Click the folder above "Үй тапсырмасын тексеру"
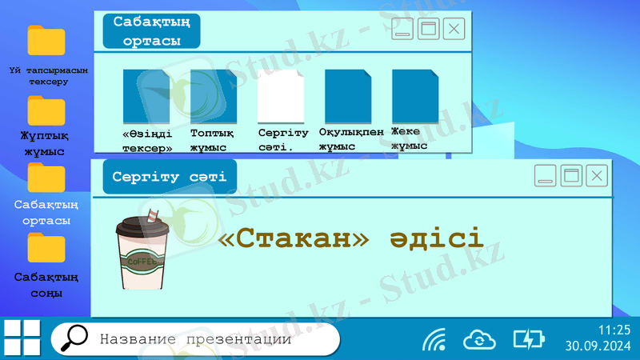pyautogui.click(x=46, y=40)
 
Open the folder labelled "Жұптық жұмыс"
pyautogui.click(x=46, y=110)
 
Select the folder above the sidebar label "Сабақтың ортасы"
pyautogui.click(x=46, y=177)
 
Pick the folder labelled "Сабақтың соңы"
pyautogui.click(x=46, y=247)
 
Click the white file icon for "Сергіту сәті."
pyautogui.click(x=281, y=96)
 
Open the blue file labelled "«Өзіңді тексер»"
pyautogui.click(x=146, y=96)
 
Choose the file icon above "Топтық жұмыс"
pyautogui.click(x=214, y=96)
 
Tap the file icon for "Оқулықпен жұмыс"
pyautogui.click(x=348, y=96)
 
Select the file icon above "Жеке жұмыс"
pyautogui.click(x=415, y=96)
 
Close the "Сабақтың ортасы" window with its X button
pyautogui.click(x=454, y=30)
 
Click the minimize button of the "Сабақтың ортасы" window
pyautogui.click(x=402, y=30)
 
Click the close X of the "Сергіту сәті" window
pyautogui.click(x=596, y=176)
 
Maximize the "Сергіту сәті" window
pyautogui.click(x=571, y=176)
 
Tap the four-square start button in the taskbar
pyautogui.click(x=22, y=338)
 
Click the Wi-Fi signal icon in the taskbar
pyautogui.click(x=434, y=339)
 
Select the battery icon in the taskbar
pyautogui.click(x=528, y=339)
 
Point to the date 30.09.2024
pyautogui.click(x=598, y=346)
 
